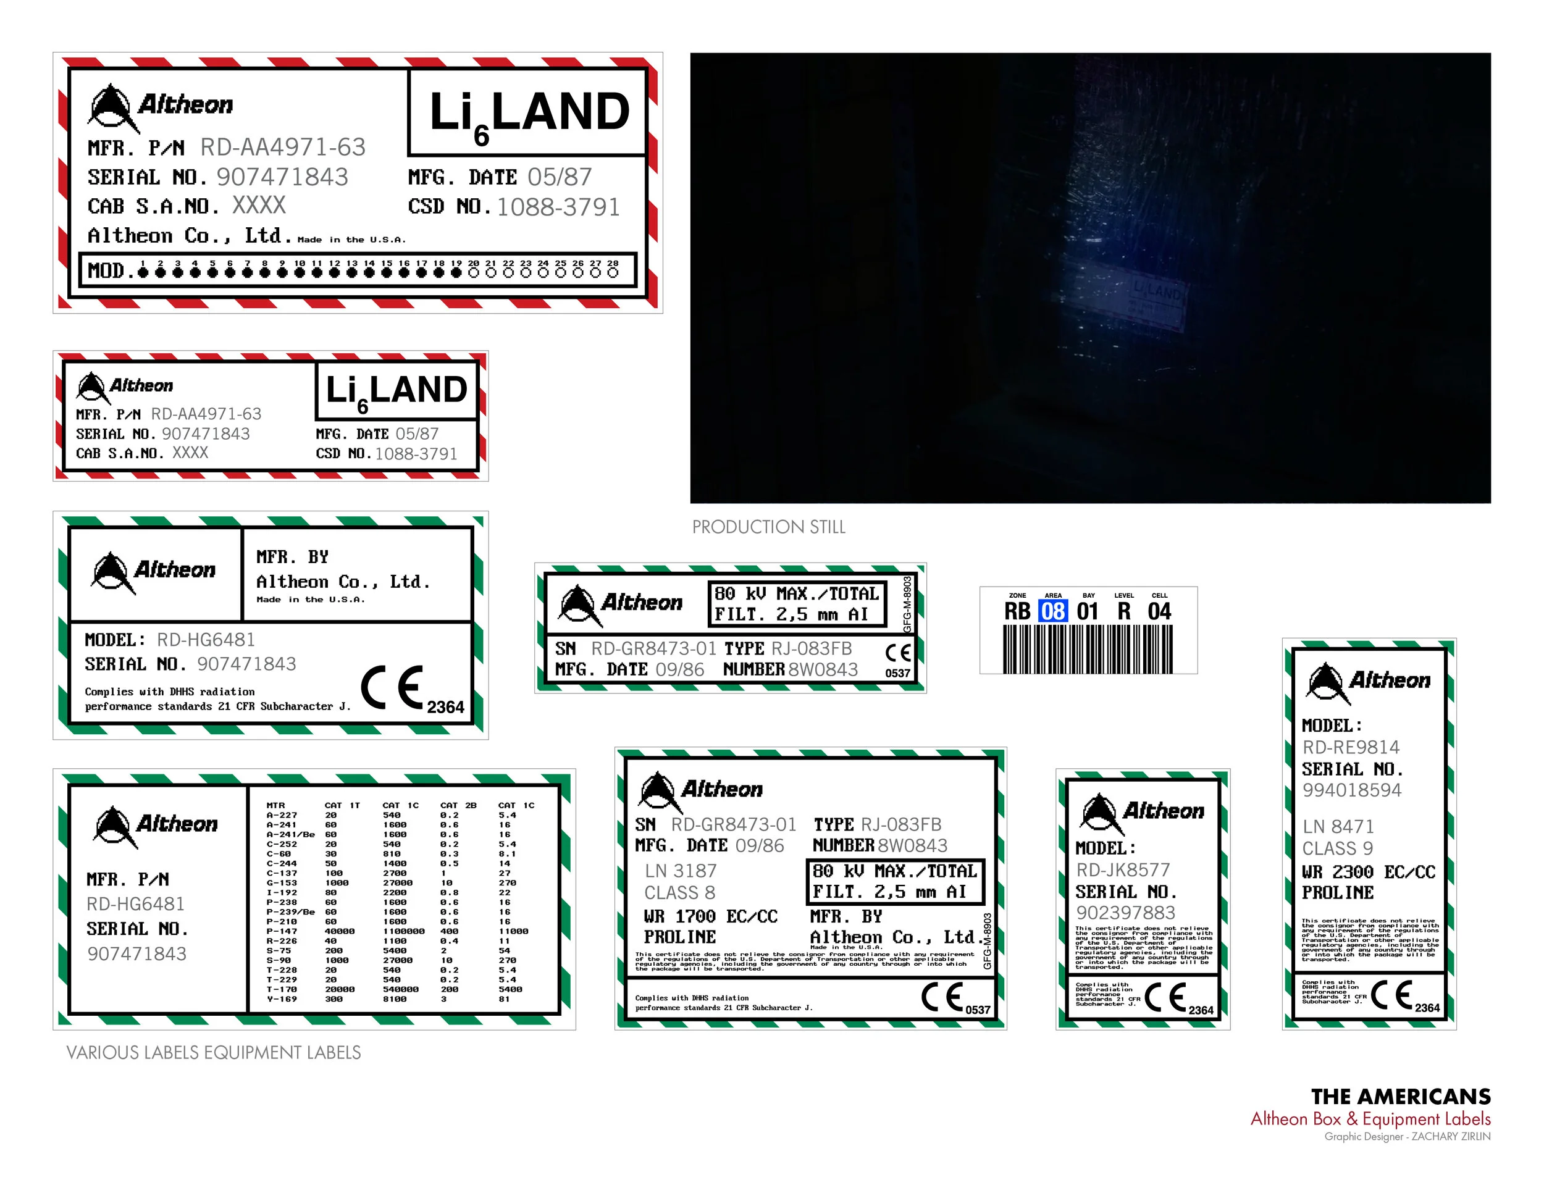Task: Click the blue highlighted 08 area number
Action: tap(1052, 611)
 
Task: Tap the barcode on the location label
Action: tap(1088, 649)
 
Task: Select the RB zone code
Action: tap(1017, 611)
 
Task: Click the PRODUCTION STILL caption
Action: tap(768, 527)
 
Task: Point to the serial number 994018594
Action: tap(1352, 790)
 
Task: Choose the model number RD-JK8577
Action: tap(1123, 869)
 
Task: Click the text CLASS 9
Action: tap(1338, 848)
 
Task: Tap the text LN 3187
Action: tap(680, 871)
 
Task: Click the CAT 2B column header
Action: tap(458, 805)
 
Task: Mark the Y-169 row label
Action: tap(282, 999)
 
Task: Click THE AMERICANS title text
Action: tap(1401, 1096)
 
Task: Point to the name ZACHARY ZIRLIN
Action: tap(1451, 1136)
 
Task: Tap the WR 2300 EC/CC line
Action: tap(1368, 872)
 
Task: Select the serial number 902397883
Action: tap(1125, 913)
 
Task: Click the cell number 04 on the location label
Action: tap(1159, 611)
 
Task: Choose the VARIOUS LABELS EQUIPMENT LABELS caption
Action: tap(214, 1052)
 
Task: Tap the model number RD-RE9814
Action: tap(1350, 747)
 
